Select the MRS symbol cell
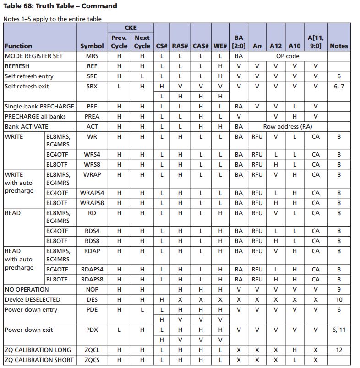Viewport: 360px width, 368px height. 92,56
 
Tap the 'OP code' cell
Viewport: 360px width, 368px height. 287,56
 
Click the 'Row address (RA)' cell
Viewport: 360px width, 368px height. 287,126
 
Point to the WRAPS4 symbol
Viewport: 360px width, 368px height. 92,193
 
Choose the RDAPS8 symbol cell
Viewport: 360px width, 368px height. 92,279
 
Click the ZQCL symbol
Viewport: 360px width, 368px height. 92,350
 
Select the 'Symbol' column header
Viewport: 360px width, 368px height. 92,46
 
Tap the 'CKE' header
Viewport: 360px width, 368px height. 131,27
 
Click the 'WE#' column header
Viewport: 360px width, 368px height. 220,46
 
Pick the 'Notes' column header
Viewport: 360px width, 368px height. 339,46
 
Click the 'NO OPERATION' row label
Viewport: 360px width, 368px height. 27,289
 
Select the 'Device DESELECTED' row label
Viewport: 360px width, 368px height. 33,299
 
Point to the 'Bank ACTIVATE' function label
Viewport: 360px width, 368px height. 26,126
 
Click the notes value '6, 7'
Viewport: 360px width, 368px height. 339,87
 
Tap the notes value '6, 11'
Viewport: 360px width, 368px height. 339,330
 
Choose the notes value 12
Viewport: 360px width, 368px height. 339,350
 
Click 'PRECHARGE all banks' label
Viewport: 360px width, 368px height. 35,116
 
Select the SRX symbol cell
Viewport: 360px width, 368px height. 92,87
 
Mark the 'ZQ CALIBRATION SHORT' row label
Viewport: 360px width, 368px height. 38,360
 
